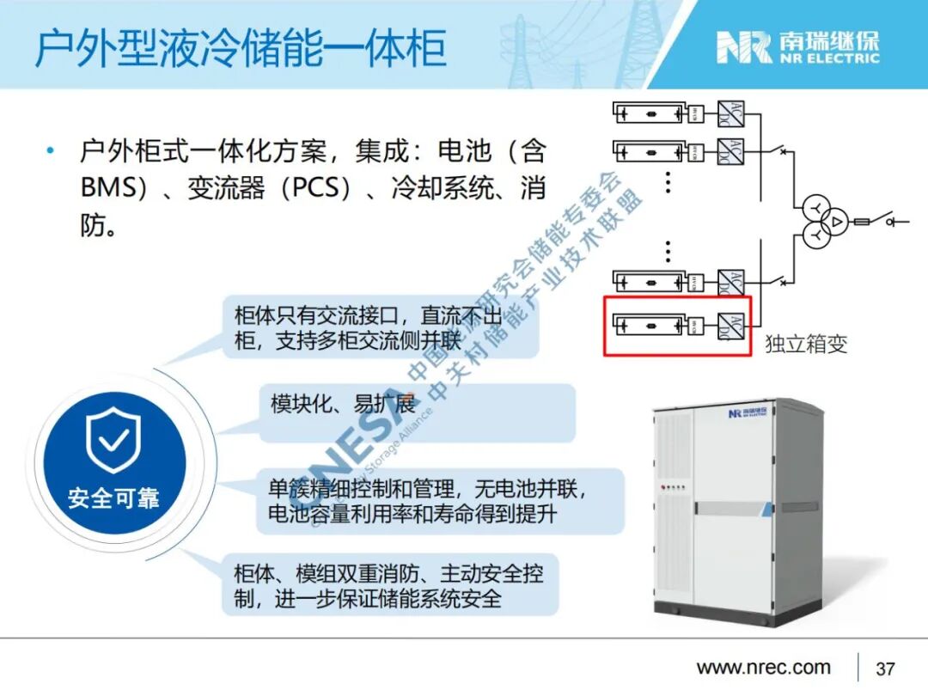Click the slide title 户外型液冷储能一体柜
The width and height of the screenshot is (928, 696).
(x=241, y=48)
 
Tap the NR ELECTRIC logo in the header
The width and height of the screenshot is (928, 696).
(x=798, y=48)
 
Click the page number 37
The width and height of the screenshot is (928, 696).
(x=885, y=669)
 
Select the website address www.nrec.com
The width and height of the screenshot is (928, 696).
(x=763, y=668)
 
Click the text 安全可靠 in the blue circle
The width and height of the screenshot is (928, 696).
(x=113, y=498)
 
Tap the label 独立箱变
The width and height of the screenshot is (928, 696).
(x=805, y=345)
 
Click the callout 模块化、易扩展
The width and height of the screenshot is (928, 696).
(x=344, y=403)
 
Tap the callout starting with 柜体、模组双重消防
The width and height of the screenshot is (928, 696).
(x=388, y=585)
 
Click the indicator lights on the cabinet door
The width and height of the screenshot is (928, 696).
(x=675, y=487)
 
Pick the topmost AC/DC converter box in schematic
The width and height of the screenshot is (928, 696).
(x=731, y=113)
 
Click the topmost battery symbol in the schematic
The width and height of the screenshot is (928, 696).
(x=650, y=113)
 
